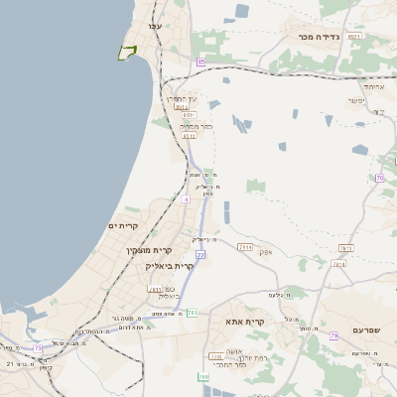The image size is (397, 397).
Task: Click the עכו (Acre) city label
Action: [x=154, y=26]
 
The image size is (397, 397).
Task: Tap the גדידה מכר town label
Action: [x=319, y=37]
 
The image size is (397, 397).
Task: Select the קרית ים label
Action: [x=123, y=226]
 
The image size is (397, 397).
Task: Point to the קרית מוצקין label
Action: [x=143, y=250]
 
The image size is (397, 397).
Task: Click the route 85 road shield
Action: [x=200, y=62]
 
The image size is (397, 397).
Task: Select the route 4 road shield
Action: [x=185, y=198]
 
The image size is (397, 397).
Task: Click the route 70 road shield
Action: [x=379, y=178]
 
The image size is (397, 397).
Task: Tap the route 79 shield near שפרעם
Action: [x=333, y=336]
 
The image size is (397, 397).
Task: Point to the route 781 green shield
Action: [x=192, y=313]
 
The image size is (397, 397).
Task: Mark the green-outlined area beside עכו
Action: [x=127, y=52]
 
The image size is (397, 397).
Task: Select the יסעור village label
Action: [x=356, y=100]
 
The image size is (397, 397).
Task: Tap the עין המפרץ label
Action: [x=182, y=98]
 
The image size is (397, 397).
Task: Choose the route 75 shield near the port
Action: [x=39, y=348]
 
